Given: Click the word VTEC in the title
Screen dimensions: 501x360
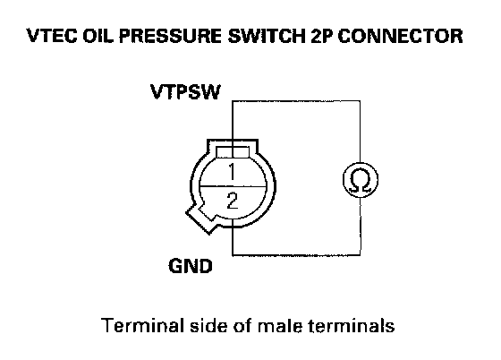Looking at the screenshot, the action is [52, 36].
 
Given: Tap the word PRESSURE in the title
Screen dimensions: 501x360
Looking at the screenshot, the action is [170, 36].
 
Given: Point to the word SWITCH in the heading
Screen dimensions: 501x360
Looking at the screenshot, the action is [267, 36].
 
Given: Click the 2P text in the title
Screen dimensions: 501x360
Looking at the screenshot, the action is [321, 36].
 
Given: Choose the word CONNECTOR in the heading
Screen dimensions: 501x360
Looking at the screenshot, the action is [400, 36].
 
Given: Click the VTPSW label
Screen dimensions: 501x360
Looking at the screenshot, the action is [185, 92].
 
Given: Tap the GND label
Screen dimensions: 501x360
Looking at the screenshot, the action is [191, 266].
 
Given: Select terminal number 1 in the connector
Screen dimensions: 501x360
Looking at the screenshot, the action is [232, 172].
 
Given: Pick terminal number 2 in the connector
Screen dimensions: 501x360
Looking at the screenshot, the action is [233, 201].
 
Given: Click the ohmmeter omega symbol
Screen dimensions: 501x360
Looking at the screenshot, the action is [361, 180].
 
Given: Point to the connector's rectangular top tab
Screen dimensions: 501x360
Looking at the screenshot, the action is [233, 152].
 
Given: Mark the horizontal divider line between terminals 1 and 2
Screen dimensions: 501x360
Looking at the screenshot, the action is [233, 186].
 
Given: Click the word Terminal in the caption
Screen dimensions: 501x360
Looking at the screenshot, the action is [142, 325].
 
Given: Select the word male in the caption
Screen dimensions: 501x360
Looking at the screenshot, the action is [280, 325].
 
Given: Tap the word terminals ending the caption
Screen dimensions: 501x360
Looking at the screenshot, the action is [351, 325].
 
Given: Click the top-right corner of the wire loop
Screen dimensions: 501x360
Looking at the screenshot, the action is [360, 101].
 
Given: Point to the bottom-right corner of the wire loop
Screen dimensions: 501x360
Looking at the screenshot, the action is [361, 255].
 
